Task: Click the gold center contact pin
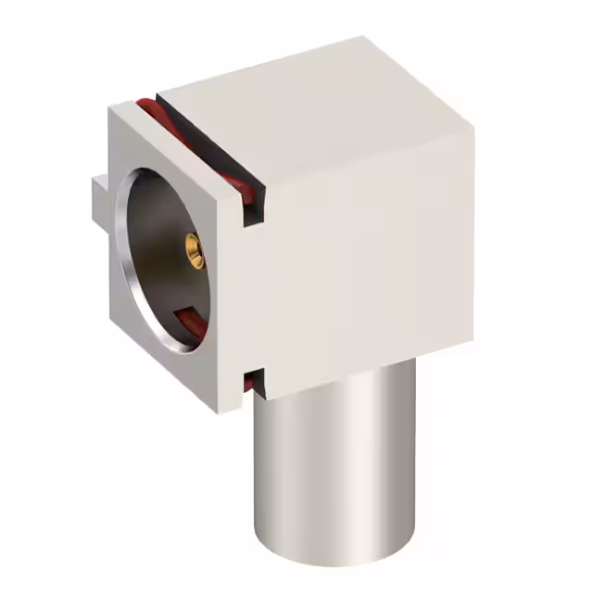(x=194, y=247)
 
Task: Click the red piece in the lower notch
(x=249, y=381)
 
